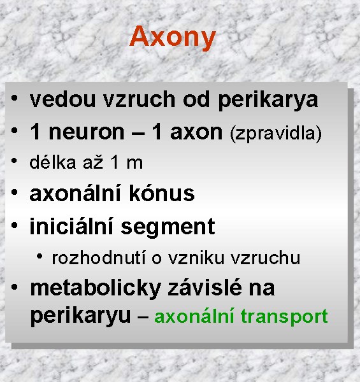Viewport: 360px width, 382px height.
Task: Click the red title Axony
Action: click(173, 38)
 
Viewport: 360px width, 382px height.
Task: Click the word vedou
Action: click(62, 99)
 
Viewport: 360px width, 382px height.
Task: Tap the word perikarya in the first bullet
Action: click(268, 101)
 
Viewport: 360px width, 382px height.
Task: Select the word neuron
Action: click(87, 132)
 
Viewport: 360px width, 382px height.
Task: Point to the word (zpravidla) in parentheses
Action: click(276, 134)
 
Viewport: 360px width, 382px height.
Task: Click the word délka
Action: click(53, 162)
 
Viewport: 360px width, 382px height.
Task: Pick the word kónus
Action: click(162, 194)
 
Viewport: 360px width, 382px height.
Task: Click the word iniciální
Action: click(71, 226)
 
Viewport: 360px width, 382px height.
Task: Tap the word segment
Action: click(168, 228)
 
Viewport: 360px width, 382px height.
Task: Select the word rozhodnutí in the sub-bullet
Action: click(99, 257)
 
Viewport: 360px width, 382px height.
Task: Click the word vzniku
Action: click(196, 258)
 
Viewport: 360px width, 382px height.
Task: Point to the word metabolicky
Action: click(96, 289)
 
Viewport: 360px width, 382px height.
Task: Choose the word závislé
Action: click(205, 288)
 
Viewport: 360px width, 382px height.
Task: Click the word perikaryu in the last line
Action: click(80, 316)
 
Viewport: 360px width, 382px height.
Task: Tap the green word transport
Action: click(284, 316)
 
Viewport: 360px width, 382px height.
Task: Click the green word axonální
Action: click(194, 316)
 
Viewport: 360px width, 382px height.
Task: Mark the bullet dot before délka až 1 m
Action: click(14, 160)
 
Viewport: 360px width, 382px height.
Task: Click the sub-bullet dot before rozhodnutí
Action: click(40, 256)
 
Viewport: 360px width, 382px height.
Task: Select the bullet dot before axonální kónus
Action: click(15, 192)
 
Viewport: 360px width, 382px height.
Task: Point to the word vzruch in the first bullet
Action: click(139, 99)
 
